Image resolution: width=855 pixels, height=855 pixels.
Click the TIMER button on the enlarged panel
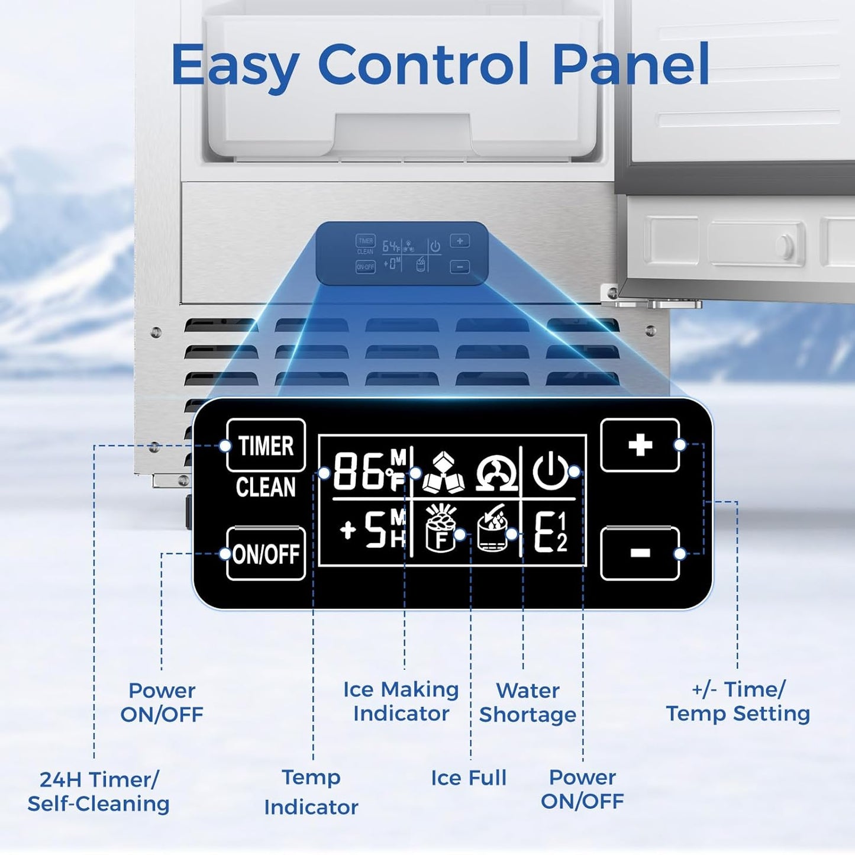266,445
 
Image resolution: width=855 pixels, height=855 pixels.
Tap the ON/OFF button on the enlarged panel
266,554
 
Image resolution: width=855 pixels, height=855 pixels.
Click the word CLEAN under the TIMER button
266,487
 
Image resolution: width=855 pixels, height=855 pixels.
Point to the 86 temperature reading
359,472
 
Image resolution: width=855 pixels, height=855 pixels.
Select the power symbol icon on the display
550,471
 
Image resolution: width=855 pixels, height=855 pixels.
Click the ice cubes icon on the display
444,473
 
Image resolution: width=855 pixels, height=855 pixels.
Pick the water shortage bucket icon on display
492,530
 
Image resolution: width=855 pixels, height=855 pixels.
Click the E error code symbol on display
550,532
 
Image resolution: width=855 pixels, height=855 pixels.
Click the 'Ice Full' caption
469,778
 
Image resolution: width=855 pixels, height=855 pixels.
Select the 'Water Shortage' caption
527,702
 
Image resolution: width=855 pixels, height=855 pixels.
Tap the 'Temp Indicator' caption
311,792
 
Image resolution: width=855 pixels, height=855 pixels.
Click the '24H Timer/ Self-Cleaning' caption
99,792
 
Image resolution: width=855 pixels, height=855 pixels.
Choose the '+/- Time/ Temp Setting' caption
738,701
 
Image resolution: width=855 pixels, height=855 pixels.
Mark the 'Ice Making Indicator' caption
401,701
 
